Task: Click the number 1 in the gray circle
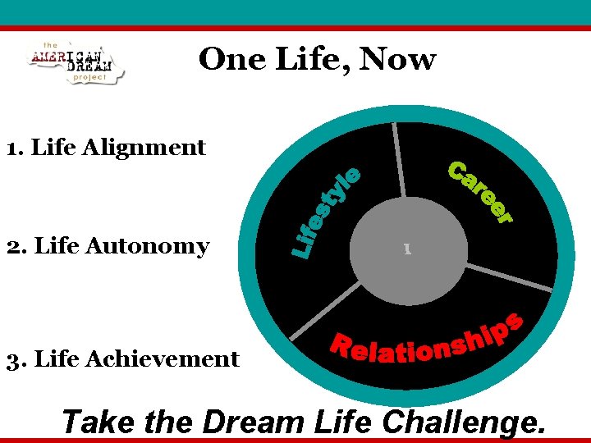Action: point(406,247)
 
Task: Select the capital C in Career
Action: point(457,170)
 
